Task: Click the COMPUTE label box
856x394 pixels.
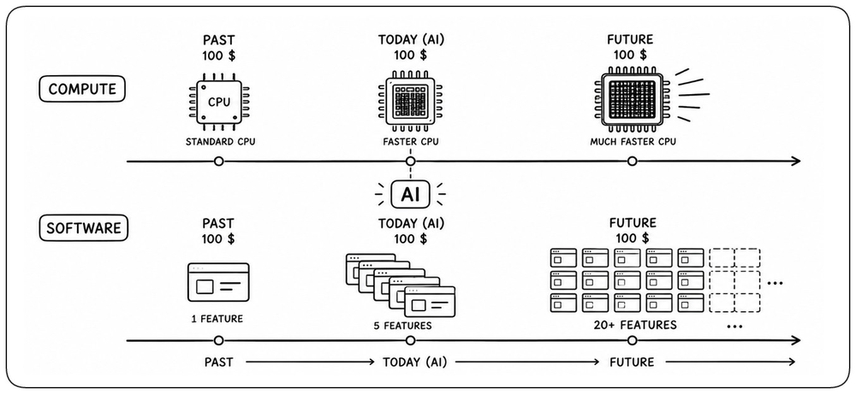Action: click(82, 89)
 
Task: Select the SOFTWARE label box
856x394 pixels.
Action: click(84, 228)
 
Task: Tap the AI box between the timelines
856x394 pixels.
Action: click(411, 195)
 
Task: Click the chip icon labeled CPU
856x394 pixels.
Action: click(218, 103)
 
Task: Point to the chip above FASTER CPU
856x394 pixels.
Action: click(410, 103)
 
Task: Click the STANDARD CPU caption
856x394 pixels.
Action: click(220, 143)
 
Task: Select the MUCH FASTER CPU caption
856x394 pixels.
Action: click(633, 142)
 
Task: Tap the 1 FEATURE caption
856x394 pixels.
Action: click(217, 318)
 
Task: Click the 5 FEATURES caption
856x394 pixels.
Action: click(402, 326)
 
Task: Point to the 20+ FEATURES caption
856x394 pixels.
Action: click(635, 326)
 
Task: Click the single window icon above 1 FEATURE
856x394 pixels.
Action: click(218, 282)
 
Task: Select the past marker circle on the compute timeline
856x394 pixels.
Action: click(218, 162)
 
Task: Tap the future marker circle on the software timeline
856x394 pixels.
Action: click(633, 341)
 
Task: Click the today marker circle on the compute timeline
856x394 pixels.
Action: click(411, 162)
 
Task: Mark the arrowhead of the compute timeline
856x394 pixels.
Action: click(796, 162)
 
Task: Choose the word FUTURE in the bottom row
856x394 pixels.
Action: click(633, 362)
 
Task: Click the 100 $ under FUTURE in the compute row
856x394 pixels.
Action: click(630, 55)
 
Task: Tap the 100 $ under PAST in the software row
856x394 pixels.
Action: click(218, 238)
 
